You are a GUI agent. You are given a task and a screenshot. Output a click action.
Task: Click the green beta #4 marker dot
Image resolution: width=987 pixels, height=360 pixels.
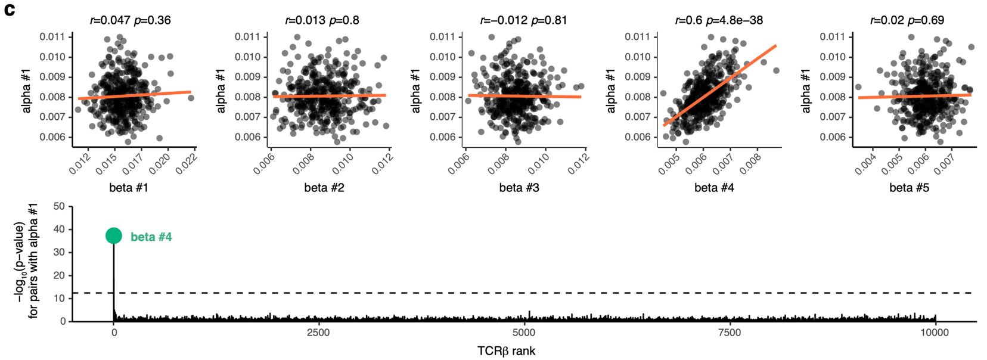click(x=114, y=236)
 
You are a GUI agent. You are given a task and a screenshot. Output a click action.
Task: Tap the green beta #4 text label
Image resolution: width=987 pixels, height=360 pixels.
click(x=151, y=237)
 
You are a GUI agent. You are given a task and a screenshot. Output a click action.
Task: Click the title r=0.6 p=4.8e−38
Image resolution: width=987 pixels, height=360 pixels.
click(x=719, y=20)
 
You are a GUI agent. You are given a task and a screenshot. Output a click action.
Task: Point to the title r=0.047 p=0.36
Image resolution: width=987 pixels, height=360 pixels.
click(x=131, y=20)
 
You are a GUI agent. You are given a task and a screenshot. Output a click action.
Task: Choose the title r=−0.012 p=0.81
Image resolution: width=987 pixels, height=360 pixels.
click(x=523, y=20)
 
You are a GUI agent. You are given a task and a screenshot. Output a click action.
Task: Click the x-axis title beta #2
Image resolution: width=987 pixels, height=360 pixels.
click(x=324, y=188)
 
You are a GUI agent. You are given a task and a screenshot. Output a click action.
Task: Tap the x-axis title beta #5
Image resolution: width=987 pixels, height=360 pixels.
click(x=909, y=188)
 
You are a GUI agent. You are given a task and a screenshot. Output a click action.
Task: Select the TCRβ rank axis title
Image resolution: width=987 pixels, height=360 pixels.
click(x=507, y=351)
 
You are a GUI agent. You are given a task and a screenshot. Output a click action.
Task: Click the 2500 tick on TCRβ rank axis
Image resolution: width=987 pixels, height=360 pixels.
click(x=318, y=333)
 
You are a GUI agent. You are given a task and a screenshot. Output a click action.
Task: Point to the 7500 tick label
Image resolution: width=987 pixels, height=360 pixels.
click(x=730, y=333)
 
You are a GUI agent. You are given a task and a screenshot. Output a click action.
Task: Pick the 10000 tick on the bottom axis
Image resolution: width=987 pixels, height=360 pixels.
click(x=935, y=333)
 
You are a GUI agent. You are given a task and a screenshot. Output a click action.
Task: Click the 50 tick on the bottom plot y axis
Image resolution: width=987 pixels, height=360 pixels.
click(x=59, y=207)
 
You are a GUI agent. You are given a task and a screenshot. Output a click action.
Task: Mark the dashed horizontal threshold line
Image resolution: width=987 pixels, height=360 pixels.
click(x=536, y=293)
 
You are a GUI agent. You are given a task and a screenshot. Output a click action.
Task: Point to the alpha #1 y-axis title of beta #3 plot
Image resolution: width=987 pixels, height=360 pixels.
click(x=416, y=91)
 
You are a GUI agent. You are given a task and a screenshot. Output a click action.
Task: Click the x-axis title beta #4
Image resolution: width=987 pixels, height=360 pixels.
click(x=714, y=188)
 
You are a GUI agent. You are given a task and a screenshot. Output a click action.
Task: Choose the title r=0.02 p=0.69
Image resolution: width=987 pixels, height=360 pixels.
click(x=907, y=20)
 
